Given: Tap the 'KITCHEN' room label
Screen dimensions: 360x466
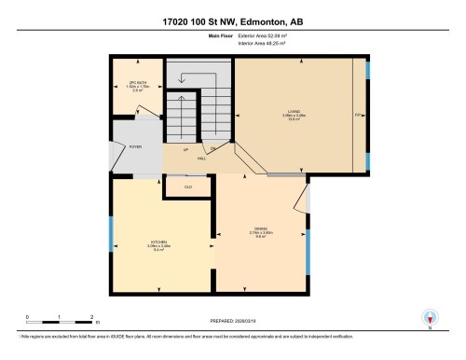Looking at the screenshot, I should point(158,242).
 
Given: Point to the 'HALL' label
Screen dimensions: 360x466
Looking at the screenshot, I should point(201,159).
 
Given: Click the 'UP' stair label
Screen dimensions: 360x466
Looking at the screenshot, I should point(186,149).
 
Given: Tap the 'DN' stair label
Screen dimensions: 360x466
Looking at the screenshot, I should point(212,149).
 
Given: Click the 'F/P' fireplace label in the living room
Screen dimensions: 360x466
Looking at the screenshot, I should point(358,115).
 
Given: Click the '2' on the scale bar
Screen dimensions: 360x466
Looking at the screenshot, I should point(91,318).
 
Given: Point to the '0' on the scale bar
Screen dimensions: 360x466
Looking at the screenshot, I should point(28,318).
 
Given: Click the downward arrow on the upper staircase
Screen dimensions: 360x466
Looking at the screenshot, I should point(181,78).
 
